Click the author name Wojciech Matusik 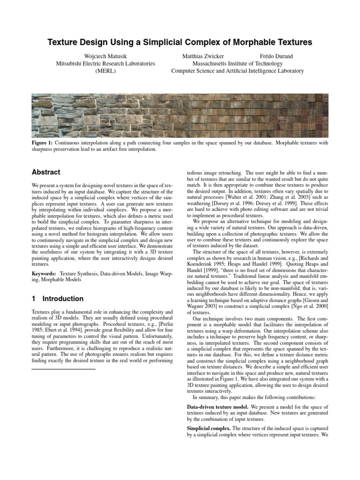(x=105, y=56)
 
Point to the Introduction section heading (x=63, y=299)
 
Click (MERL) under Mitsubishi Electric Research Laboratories (x=105, y=71)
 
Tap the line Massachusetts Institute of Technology (x=237, y=63)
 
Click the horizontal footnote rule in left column (x=63, y=357)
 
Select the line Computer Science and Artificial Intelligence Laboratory (x=237, y=71)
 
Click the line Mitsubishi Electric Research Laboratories (x=105, y=63)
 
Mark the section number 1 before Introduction (x=34, y=299)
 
